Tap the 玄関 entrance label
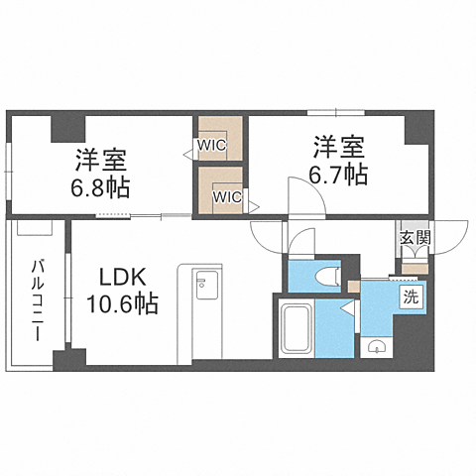pyautogui.click(x=416, y=237)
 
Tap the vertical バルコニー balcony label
pyautogui.click(x=36, y=298)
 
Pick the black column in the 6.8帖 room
pyautogui.click(x=68, y=128)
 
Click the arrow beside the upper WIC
pyautogui.click(x=187, y=154)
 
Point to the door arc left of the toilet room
pyautogui.click(x=268, y=236)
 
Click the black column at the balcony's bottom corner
pyautogui.click(x=62, y=359)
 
